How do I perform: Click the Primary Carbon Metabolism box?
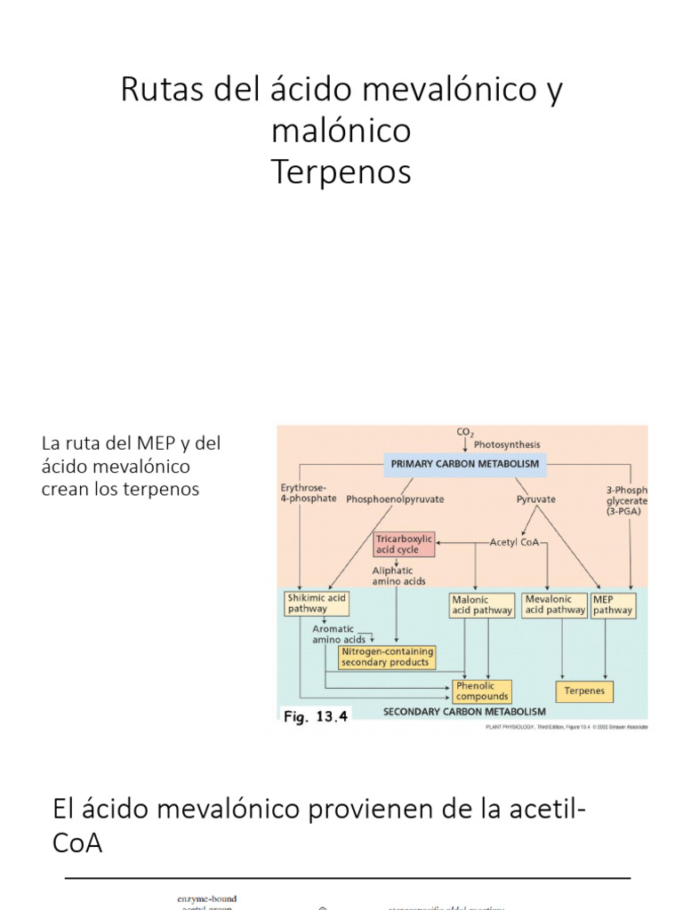[x=465, y=464]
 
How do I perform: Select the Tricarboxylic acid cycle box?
[x=404, y=545]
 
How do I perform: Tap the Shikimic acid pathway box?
[x=316, y=604]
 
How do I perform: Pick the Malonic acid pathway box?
[x=482, y=605]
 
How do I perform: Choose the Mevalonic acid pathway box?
[x=555, y=604]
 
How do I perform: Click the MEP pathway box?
[x=613, y=604]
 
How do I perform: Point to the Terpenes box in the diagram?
[x=584, y=690]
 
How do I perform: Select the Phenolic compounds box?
[x=482, y=690]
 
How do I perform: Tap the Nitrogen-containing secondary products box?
[x=386, y=657]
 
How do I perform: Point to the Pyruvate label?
[x=536, y=499]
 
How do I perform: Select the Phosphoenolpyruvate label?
[x=396, y=499]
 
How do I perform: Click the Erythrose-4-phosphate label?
[x=309, y=493]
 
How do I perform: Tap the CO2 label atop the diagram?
[x=465, y=433]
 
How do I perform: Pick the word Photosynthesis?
[x=507, y=444]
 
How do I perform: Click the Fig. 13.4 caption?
[x=315, y=717]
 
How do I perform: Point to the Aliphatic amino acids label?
[x=398, y=576]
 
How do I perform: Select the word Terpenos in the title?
[x=341, y=172]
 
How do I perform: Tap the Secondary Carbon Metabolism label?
[x=464, y=712]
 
